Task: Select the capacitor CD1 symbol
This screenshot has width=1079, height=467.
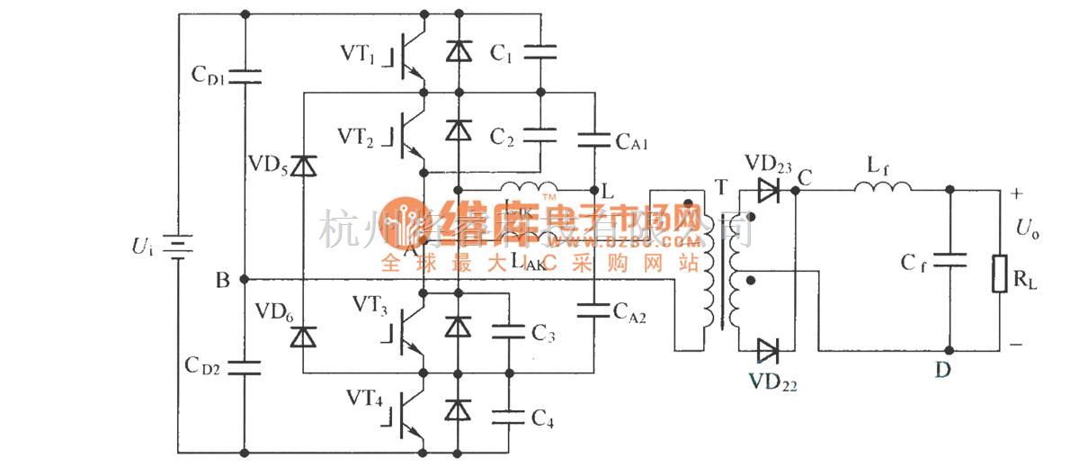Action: (x=244, y=76)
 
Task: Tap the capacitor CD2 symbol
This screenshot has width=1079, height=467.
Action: (x=244, y=367)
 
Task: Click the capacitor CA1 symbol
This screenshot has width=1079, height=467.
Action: (x=594, y=139)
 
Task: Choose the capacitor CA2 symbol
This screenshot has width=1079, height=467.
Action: (x=594, y=310)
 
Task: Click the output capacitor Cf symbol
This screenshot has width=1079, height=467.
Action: (x=949, y=260)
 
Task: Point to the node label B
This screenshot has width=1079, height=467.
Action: (x=221, y=279)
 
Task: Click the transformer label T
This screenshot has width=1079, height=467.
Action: (x=719, y=185)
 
